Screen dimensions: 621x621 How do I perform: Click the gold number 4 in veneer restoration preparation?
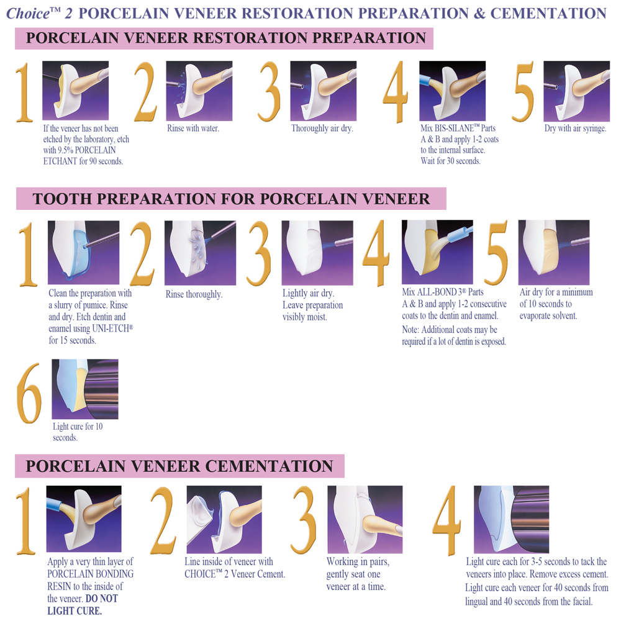click(x=396, y=92)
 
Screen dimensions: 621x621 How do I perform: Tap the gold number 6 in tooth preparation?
click(x=29, y=393)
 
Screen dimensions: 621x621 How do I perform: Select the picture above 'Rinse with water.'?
click(x=199, y=91)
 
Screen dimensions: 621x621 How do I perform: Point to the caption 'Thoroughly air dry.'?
click(x=322, y=129)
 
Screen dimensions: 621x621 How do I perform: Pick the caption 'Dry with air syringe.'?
click(x=575, y=129)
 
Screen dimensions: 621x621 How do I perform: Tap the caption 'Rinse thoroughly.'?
click(x=194, y=294)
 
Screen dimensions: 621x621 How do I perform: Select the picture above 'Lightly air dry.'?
click(x=317, y=253)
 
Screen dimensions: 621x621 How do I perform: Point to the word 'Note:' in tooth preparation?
click(x=410, y=330)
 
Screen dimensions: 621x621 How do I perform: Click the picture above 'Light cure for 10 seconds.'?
click(x=85, y=389)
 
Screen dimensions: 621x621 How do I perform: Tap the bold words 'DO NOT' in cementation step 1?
click(x=102, y=599)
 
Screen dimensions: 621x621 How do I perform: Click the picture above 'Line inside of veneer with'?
click(x=224, y=519)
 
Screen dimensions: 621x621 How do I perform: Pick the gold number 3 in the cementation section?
click(x=304, y=520)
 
